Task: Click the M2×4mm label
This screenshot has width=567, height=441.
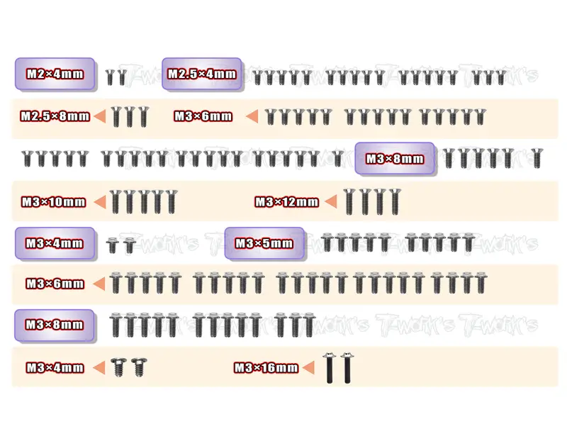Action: coord(55,74)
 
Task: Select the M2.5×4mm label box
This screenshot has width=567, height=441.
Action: coord(202,74)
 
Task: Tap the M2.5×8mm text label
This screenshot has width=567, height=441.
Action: coord(55,116)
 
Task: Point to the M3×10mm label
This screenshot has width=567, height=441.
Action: coord(54,201)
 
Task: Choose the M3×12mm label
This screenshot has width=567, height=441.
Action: coord(287,201)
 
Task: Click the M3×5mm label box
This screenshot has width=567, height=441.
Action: coord(264,243)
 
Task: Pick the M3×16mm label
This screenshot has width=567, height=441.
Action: coord(266,368)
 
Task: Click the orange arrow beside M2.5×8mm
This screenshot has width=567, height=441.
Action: coord(100,116)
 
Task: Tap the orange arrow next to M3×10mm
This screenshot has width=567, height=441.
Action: coord(100,202)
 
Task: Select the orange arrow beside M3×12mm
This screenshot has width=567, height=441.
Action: coord(331,202)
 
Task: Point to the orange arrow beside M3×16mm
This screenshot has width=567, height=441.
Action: coord(308,368)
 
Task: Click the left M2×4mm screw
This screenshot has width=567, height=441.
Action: coord(110,77)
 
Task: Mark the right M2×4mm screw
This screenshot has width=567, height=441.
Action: coord(122,77)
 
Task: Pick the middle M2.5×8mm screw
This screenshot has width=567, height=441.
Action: coord(130,116)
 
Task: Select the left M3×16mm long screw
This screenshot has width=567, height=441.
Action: coord(330,368)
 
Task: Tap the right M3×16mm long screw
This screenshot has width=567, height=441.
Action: coord(347,368)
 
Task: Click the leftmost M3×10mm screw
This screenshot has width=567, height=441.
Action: coord(116,201)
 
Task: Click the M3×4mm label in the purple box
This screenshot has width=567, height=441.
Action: coord(55,243)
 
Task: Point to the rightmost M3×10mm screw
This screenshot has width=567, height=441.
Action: coord(172,201)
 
